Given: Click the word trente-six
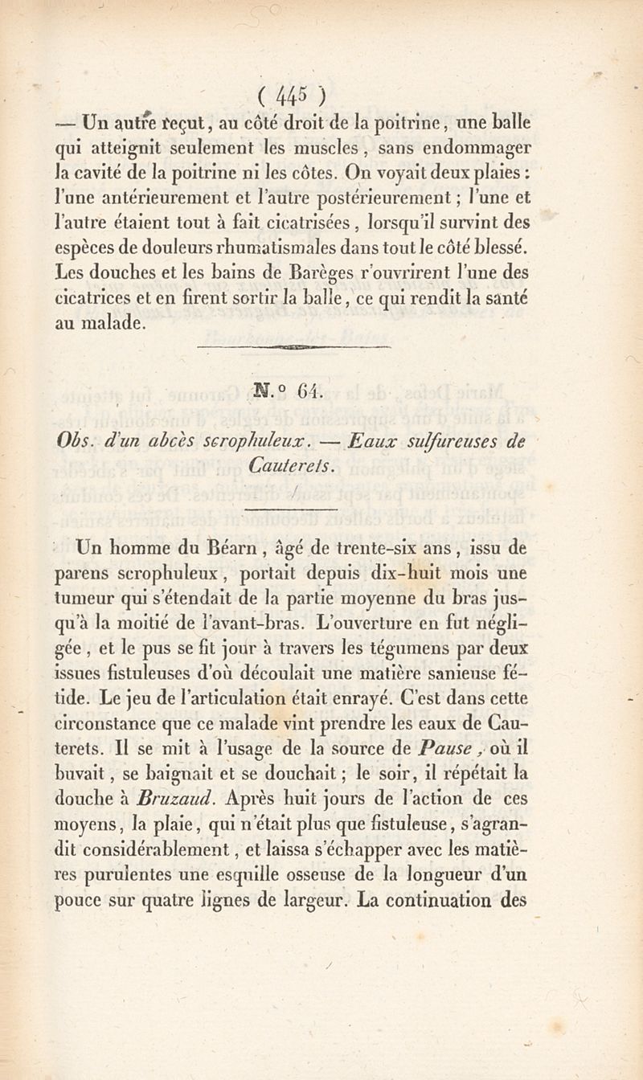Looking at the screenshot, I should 385,550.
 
